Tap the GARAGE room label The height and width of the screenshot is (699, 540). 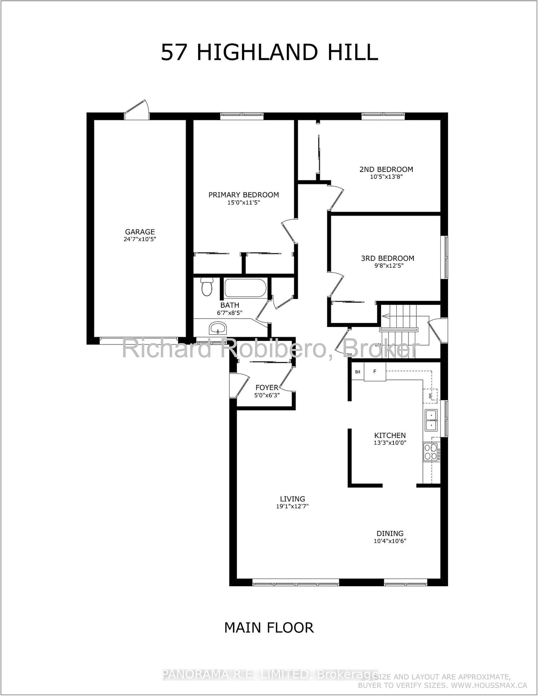click(140, 232)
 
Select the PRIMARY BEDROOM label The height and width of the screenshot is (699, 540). click(243, 195)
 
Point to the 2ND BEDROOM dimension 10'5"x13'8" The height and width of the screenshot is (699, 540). click(386, 177)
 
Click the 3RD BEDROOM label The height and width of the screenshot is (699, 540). click(387, 258)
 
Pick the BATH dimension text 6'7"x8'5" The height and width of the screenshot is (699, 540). click(229, 313)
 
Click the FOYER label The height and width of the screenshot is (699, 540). click(267, 388)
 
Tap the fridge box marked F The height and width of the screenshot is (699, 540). click(375, 372)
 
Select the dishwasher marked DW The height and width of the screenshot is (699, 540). click(430, 396)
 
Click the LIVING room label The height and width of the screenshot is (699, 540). click(292, 499)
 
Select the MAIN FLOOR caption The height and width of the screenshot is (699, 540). click(269, 628)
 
